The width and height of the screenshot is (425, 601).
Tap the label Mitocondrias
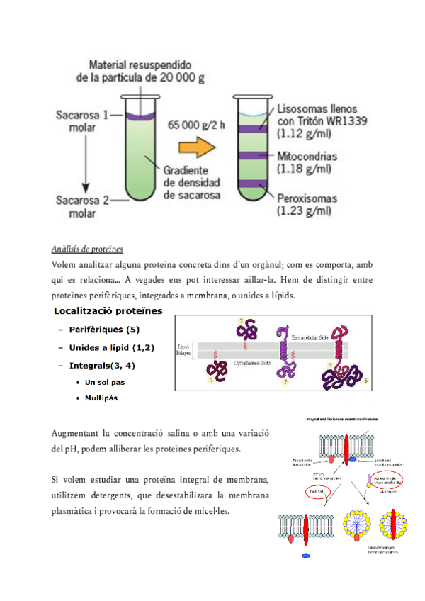[x=307, y=155]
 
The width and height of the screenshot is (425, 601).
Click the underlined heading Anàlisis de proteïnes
[x=88, y=249]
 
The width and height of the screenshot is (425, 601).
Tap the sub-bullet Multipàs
[x=101, y=398]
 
